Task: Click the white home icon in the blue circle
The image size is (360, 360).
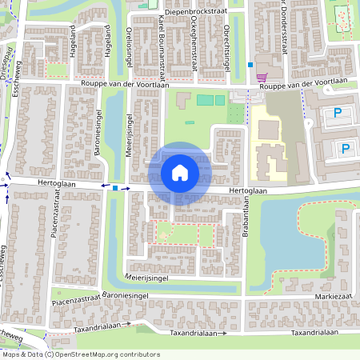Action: pos(180,173)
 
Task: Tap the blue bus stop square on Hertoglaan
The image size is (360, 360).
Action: pos(116,188)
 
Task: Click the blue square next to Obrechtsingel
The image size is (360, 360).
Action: pos(250,64)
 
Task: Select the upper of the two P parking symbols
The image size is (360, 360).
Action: pos(337,114)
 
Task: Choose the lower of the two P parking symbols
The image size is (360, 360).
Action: pos(345,148)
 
